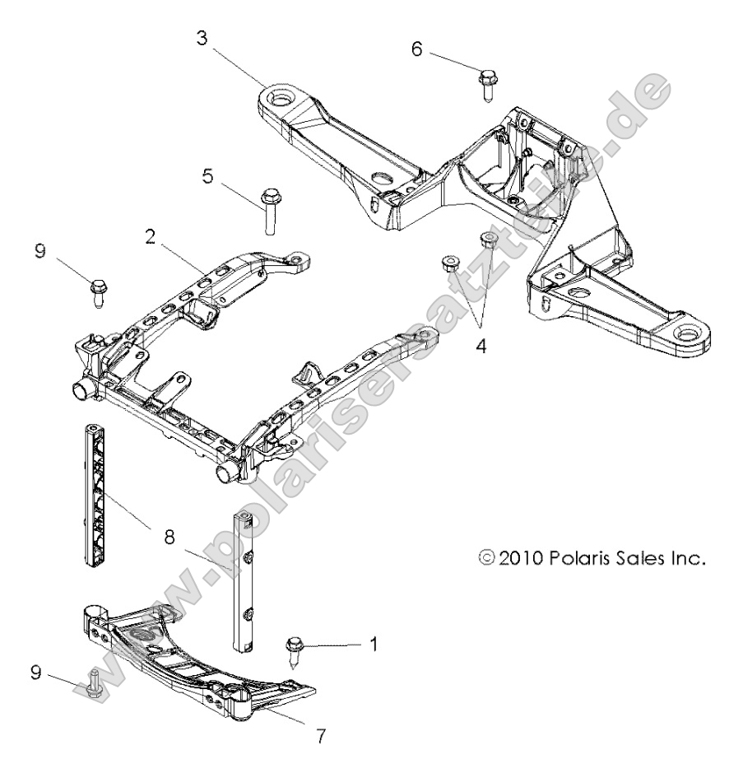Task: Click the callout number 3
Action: click(202, 38)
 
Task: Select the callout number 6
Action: click(417, 49)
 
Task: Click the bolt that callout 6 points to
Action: click(486, 84)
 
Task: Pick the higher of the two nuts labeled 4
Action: click(487, 241)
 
